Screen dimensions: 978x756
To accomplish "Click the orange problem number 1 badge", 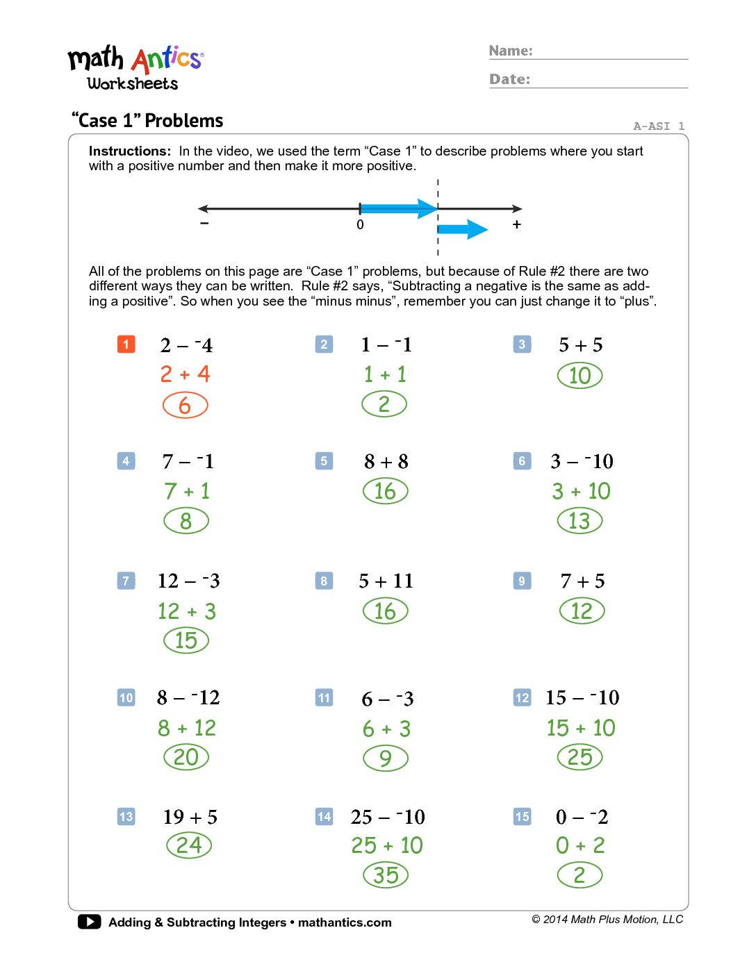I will pyautogui.click(x=126, y=344).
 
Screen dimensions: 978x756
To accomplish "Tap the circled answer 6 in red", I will pyautogui.click(x=185, y=405).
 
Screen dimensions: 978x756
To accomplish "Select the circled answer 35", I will pyautogui.click(x=386, y=875).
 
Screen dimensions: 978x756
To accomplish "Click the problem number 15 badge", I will pyautogui.click(x=522, y=816).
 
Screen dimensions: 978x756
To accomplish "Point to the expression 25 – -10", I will pyautogui.click(x=388, y=817).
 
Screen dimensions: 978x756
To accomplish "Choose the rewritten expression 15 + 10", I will pyautogui.click(x=581, y=728).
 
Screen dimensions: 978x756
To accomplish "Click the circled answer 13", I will pyautogui.click(x=580, y=521).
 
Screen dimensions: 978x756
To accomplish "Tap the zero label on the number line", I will pyautogui.click(x=360, y=225).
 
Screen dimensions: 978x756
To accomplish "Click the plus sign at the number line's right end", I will pyautogui.click(x=516, y=224).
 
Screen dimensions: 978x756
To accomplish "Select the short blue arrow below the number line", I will pyautogui.click(x=463, y=229).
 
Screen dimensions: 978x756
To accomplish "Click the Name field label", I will pyautogui.click(x=511, y=51).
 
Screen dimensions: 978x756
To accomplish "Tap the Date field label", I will pyautogui.click(x=509, y=79).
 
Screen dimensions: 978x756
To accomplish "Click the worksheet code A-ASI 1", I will pyautogui.click(x=659, y=126).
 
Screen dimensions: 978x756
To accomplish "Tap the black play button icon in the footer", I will pyautogui.click(x=89, y=922).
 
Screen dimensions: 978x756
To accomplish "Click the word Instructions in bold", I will pyautogui.click(x=129, y=151).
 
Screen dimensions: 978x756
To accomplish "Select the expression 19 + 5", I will pyautogui.click(x=190, y=817).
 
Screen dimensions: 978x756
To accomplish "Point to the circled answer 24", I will pyautogui.click(x=189, y=845).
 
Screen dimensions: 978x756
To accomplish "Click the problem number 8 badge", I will pyautogui.click(x=324, y=581).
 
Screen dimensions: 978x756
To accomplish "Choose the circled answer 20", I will pyautogui.click(x=186, y=757).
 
